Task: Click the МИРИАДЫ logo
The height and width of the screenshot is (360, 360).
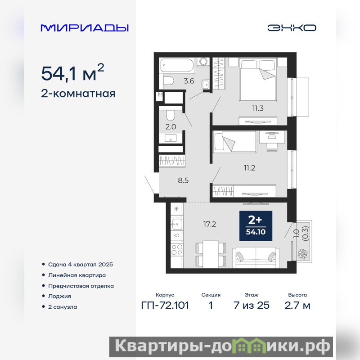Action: (x=85, y=28)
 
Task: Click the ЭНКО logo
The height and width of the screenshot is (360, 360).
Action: (x=292, y=28)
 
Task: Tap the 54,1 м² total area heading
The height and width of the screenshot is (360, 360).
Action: (x=72, y=72)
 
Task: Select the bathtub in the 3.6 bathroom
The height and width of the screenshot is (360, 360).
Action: (x=177, y=65)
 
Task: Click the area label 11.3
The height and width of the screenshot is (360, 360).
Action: (x=258, y=108)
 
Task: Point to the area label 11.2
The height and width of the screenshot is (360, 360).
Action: (x=249, y=168)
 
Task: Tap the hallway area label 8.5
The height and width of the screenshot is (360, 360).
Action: (x=183, y=180)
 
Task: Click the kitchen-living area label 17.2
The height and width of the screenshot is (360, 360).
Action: (x=210, y=224)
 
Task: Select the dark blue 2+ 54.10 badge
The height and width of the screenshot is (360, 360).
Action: (x=256, y=226)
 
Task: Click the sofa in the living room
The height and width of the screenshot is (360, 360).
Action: (x=256, y=257)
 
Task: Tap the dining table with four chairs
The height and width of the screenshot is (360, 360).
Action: (x=211, y=254)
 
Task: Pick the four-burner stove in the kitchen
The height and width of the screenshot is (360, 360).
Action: (x=177, y=250)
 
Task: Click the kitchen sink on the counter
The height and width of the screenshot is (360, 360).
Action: (x=177, y=224)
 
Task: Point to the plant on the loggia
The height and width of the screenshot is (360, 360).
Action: (x=302, y=254)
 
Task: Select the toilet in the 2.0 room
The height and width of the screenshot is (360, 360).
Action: (x=171, y=116)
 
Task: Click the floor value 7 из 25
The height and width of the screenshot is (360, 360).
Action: (x=252, y=306)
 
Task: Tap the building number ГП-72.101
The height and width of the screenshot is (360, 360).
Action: (x=165, y=306)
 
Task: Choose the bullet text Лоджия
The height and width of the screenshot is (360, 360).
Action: (x=59, y=296)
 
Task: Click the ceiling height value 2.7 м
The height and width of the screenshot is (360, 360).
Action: (x=297, y=306)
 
